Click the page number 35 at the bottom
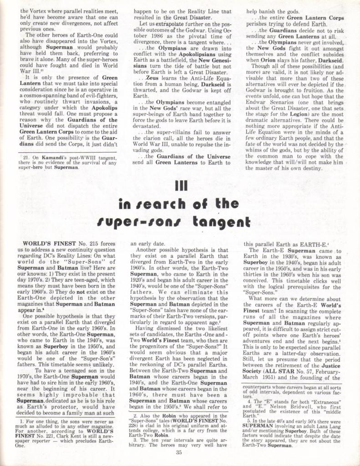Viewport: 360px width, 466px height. [x=179, y=452]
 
